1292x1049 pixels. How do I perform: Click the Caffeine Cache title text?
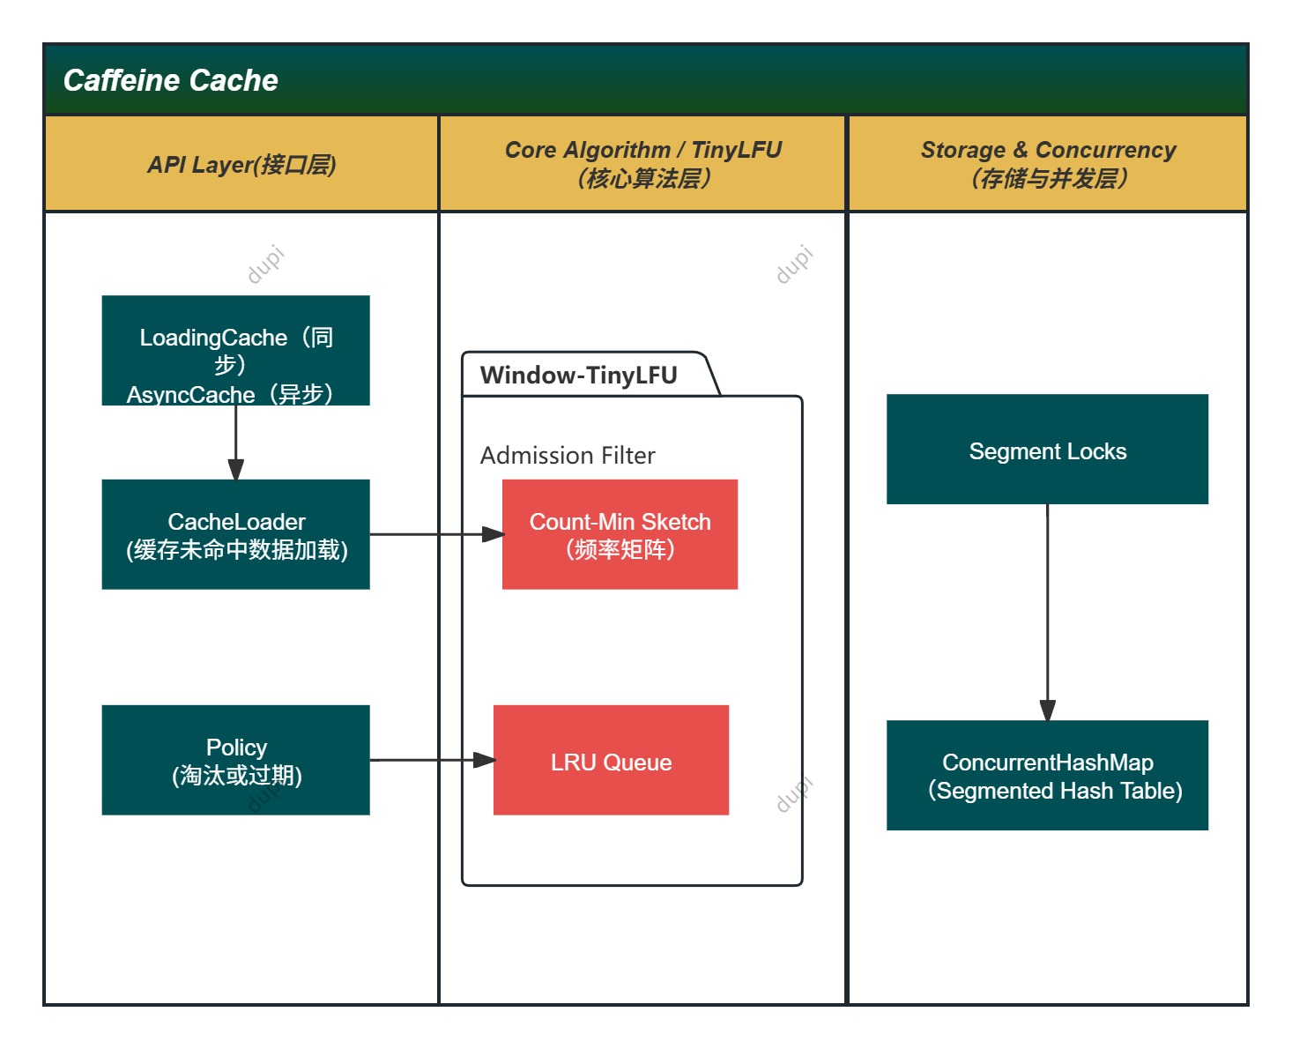[170, 80]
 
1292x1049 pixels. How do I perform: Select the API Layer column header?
[241, 165]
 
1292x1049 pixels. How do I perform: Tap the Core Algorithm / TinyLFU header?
[642, 164]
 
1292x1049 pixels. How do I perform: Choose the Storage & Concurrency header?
[1048, 164]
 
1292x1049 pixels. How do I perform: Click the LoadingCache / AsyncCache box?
[235, 351]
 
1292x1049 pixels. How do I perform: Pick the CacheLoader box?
[235, 535]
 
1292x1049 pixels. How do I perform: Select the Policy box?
[235, 760]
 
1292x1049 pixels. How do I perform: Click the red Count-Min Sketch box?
[620, 535]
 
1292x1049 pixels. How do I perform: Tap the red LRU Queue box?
[611, 760]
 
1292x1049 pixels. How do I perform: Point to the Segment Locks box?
[1047, 450]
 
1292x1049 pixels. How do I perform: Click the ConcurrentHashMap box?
[1047, 776]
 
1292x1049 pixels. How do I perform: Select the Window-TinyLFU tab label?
[579, 376]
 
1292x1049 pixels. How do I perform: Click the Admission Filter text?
[568, 456]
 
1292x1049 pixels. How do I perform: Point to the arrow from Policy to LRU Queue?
[431, 760]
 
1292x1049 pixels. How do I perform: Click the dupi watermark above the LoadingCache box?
[265, 264]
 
